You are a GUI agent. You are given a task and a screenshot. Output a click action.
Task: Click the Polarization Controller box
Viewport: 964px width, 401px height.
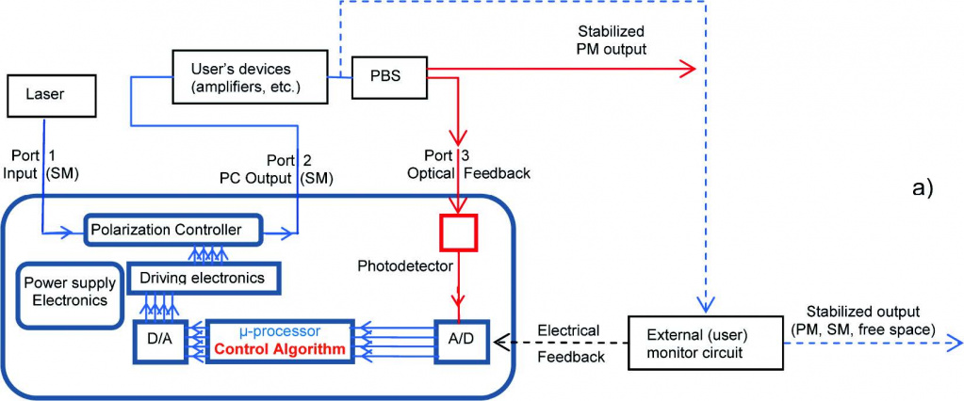(x=175, y=229)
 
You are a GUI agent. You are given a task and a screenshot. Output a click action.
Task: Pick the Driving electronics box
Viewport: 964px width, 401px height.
(x=203, y=278)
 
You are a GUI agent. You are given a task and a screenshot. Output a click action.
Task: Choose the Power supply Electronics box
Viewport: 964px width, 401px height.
(x=71, y=294)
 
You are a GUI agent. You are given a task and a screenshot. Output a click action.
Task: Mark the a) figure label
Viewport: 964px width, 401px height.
(x=923, y=187)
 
